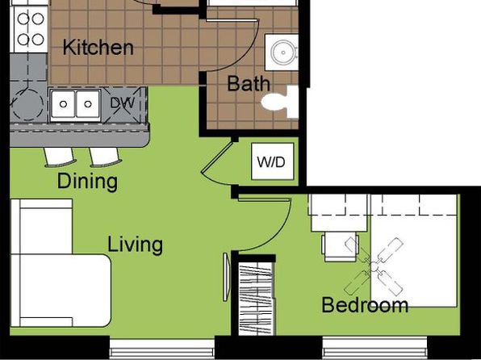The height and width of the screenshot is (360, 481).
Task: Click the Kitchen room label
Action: [x=98, y=48]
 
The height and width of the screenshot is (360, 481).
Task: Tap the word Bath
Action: [x=249, y=83]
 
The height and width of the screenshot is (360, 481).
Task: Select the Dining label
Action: [x=87, y=182]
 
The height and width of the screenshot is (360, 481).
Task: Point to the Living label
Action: [x=136, y=245]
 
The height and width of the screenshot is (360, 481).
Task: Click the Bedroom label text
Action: [x=365, y=305]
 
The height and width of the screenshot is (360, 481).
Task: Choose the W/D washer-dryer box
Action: [x=273, y=161]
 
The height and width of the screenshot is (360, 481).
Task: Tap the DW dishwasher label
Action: [x=122, y=103]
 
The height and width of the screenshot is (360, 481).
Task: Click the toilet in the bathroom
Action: [x=280, y=103]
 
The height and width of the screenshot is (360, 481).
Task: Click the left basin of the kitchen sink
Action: [x=63, y=104]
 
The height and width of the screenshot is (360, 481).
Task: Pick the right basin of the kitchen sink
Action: [x=88, y=104]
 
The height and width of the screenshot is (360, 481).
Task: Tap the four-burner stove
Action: [x=30, y=29]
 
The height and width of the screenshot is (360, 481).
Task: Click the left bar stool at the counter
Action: [x=59, y=157]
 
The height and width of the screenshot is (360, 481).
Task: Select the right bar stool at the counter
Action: [x=105, y=157]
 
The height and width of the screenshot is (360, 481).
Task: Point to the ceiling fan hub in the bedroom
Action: [x=374, y=267]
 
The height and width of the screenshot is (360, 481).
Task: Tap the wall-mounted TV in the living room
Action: [x=226, y=277]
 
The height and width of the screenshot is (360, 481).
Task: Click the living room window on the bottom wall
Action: [x=162, y=349]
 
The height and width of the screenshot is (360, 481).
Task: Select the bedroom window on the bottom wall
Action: [x=374, y=347]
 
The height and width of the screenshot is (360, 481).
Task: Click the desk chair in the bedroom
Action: [x=341, y=247]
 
